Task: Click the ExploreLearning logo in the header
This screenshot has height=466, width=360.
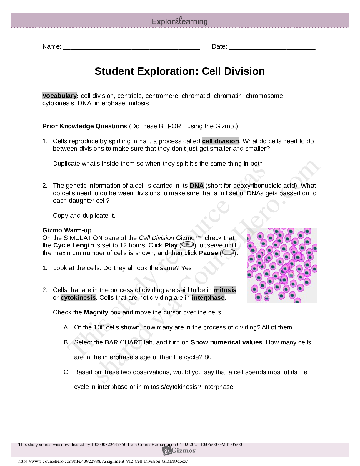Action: (180, 21)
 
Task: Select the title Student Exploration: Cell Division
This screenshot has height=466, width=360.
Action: (180, 71)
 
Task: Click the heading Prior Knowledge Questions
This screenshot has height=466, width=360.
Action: (85, 126)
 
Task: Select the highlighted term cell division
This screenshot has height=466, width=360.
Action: (220, 141)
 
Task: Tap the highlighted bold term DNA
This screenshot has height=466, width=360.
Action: (196, 186)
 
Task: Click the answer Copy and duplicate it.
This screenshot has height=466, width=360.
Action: (84, 216)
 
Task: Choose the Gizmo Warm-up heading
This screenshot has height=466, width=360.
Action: (67, 230)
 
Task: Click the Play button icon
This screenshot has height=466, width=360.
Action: (188, 245)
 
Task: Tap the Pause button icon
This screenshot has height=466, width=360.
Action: (228, 252)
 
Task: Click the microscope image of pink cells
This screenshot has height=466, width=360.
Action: (282, 265)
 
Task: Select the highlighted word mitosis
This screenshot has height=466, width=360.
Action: (225, 290)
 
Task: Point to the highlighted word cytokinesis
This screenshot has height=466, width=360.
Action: (78, 298)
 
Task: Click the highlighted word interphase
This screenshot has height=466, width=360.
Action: (208, 298)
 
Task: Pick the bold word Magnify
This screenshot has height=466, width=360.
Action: (96, 312)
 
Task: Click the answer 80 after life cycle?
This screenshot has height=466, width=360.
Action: (208, 357)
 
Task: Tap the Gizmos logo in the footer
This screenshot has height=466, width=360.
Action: (179, 451)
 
